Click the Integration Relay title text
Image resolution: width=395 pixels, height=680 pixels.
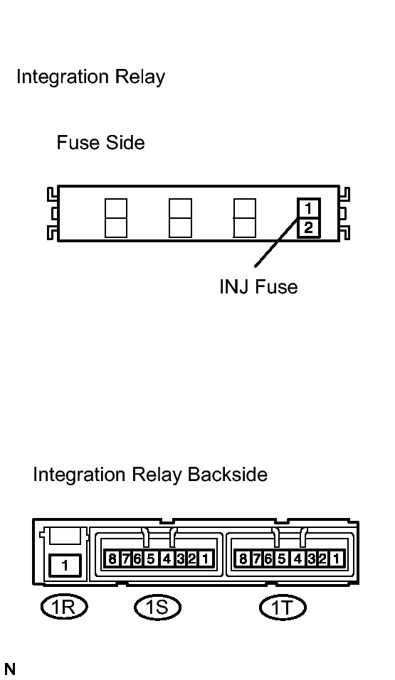90,77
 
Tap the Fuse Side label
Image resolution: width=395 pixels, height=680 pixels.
100,143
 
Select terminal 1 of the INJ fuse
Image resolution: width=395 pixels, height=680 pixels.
308,209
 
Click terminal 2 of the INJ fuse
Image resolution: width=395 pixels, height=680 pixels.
308,227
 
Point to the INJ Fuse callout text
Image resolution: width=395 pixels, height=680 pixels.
258,286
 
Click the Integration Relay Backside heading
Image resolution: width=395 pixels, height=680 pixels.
150,475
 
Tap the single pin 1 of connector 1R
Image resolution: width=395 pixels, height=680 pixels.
65,566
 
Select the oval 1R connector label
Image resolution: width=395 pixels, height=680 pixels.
64,606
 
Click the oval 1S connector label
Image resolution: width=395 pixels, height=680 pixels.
157,607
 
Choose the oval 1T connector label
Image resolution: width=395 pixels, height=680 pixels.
283,607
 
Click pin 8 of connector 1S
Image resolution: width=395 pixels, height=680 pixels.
112,558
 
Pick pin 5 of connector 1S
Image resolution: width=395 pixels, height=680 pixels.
151,558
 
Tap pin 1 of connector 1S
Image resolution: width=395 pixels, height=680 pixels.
206,558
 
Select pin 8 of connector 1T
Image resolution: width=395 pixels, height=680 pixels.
243,558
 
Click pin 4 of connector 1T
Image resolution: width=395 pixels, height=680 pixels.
297,558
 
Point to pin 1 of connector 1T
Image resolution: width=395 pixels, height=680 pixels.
336,558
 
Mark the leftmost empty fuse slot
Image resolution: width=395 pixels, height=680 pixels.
116,218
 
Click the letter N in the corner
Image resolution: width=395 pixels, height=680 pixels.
9,669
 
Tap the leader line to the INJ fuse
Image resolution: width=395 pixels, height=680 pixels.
276,241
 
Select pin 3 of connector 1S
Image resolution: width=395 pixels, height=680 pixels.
180,558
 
